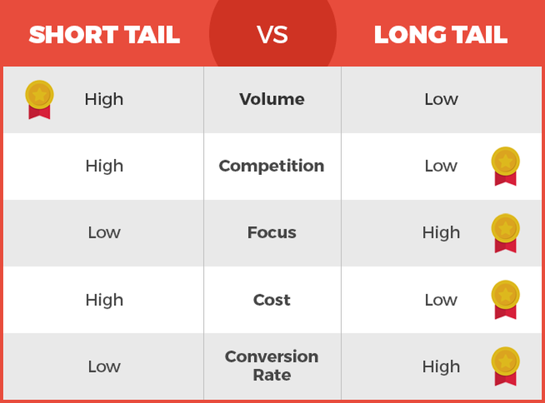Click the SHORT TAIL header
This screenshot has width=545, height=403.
coord(105,35)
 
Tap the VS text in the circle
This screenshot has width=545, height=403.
coord(272,35)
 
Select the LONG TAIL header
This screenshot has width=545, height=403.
coord(440,35)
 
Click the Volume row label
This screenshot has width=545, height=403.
coord(272,99)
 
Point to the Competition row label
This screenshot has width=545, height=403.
coord(271,166)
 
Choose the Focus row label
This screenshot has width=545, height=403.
coord(272,233)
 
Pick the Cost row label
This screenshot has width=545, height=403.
coord(272,300)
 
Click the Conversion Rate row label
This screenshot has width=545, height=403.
coord(272,365)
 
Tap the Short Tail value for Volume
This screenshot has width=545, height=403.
coord(104,100)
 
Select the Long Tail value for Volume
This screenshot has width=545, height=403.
coord(441,99)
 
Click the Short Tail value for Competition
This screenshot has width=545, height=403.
coord(105,167)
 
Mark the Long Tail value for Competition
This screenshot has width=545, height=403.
coord(441,166)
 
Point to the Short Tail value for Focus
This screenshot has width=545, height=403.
coord(105,233)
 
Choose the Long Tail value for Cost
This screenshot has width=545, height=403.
coord(441,300)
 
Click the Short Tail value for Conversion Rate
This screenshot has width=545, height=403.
coord(105,366)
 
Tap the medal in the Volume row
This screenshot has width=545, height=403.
coord(39,99)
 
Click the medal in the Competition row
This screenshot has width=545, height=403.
coord(505,166)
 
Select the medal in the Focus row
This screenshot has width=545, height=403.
coord(505,233)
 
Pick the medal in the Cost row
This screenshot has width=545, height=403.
coord(505,299)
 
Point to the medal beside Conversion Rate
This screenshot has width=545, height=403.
coord(505,366)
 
